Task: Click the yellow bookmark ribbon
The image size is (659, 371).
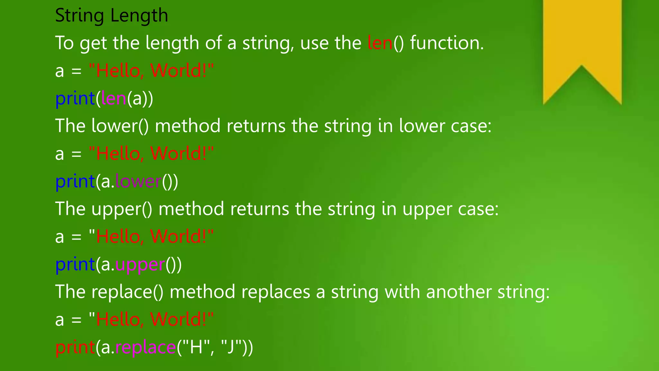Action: [x=582, y=39]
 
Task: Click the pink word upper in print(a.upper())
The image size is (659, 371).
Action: [x=140, y=265]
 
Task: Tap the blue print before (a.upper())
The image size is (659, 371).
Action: [x=75, y=264]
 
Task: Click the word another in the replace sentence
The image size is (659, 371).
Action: [x=459, y=292]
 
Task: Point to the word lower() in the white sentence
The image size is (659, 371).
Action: [x=120, y=126]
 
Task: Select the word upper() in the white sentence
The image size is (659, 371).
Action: [x=122, y=209]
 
